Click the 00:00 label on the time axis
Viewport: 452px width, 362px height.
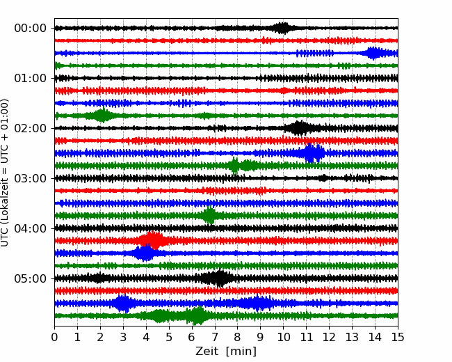(x=31, y=28)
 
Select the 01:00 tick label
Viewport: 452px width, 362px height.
(x=31, y=78)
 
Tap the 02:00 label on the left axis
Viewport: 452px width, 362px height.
(x=31, y=128)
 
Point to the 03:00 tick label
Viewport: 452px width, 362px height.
(x=31, y=178)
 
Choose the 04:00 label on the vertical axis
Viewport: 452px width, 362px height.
(x=31, y=228)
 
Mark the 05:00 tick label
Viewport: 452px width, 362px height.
(x=31, y=278)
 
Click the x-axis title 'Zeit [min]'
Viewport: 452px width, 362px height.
(x=226, y=352)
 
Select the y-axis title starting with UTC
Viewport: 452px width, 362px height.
(x=6, y=172)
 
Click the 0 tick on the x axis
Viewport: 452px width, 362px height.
(x=55, y=338)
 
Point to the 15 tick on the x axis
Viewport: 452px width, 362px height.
(x=398, y=338)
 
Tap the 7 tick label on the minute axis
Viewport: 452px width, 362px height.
(x=215, y=338)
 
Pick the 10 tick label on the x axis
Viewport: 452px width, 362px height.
(x=284, y=338)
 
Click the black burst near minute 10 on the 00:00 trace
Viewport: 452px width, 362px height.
(x=282, y=28)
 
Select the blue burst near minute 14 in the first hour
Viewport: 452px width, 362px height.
(x=374, y=53)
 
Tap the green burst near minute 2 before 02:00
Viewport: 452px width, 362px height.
(x=102, y=116)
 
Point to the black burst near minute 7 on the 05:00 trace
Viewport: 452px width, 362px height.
(x=220, y=278)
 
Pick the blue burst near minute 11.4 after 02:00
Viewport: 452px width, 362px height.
(x=314, y=153)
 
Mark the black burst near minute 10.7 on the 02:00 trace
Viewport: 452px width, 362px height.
(x=300, y=128)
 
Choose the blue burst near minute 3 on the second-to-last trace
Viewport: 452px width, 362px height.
(x=123, y=304)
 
